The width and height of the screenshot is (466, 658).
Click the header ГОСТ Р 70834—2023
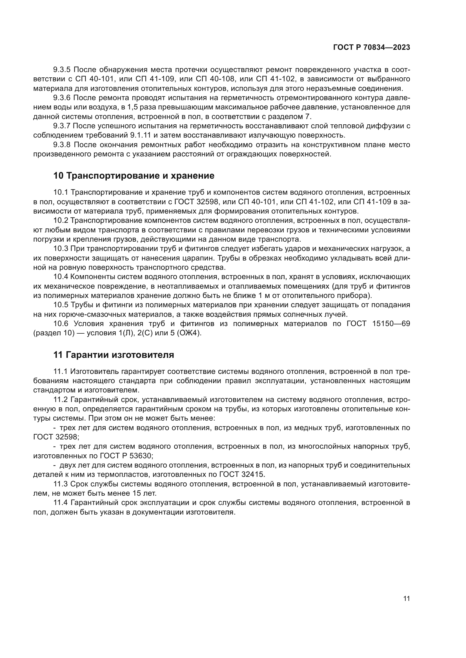pos(372,48)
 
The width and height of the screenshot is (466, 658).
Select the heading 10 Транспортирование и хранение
pos(134,176)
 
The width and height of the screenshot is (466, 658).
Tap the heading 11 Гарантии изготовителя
pos(114,355)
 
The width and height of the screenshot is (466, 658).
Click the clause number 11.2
pos(60,399)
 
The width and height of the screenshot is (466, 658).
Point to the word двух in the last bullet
pos(68,465)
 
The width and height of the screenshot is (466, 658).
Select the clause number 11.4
pos(60,502)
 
